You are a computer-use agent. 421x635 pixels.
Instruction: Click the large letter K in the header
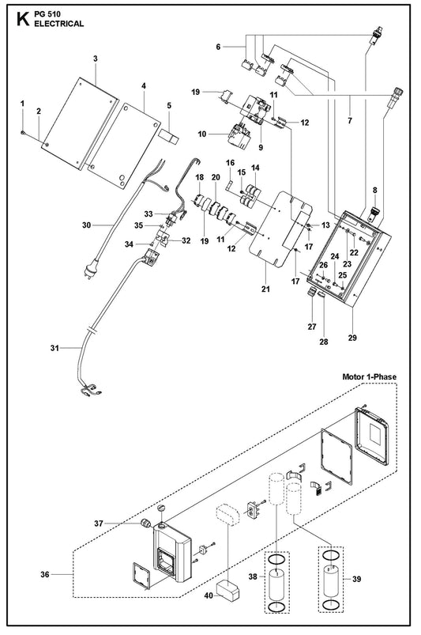point(23,19)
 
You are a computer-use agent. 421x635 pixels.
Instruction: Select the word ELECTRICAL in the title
point(59,24)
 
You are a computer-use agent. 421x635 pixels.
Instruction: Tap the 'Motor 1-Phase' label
point(369,376)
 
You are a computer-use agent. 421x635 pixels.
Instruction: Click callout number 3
point(96,59)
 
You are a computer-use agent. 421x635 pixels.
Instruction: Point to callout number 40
point(209,595)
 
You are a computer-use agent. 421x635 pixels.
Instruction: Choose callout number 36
point(45,574)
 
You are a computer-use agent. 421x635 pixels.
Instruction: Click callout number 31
point(55,348)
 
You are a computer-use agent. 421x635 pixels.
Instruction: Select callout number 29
point(352,338)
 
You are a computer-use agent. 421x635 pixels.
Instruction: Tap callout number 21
point(265,289)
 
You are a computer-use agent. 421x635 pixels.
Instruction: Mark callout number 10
point(202,134)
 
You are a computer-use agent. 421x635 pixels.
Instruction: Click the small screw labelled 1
point(24,131)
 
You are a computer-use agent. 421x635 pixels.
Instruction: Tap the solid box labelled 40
point(228,591)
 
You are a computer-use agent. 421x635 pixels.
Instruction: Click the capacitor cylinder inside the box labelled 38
point(277,584)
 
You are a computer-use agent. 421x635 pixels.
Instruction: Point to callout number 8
point(375,190)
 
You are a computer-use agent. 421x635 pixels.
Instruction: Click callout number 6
point(218,47)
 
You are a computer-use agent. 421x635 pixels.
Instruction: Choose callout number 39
point(356,579)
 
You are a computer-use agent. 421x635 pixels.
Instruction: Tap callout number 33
point(148,214)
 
